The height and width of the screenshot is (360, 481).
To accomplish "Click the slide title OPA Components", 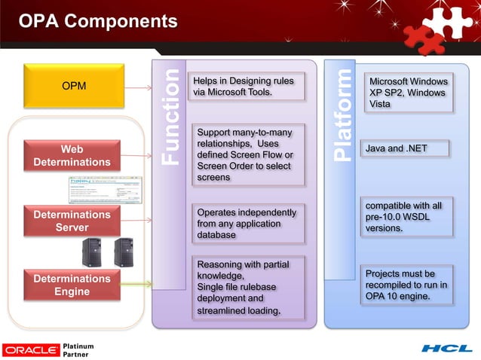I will pyautogui.click(x=98, y=22).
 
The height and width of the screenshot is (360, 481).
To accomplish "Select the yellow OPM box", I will pyautogui.click(x=73, y=86).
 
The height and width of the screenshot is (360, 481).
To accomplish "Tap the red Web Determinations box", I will pyautogui.click(x=72, y=154).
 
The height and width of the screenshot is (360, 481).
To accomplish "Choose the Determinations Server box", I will pyautogui.click(x=72, y=221).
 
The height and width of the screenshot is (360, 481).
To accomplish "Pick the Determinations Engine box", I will pyautogui.click(x=72, y=285).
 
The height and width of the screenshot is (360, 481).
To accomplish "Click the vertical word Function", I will pyautogui.click(x=171, y=117).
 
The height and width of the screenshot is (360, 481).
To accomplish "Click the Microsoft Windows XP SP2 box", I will pyautogui.click(x=408, y=93).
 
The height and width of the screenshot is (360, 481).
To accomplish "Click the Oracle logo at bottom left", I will pyautogui.click(x=31, y=349).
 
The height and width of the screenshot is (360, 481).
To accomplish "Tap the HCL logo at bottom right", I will pyautogui.click(x=446, y=349).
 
